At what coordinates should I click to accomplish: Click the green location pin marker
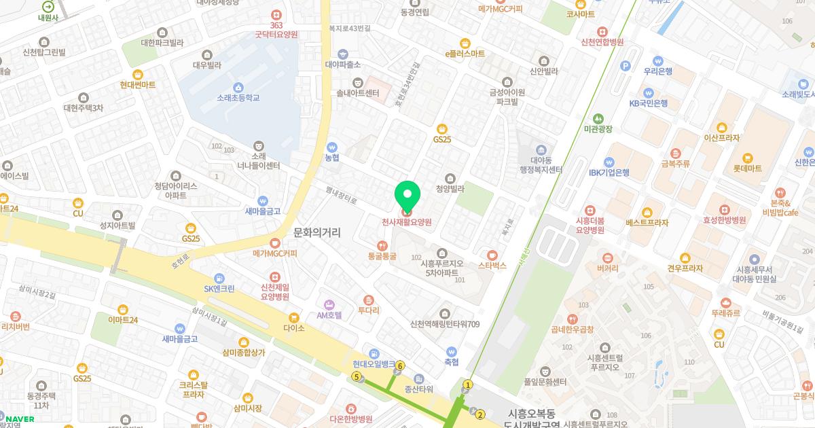(407, 196)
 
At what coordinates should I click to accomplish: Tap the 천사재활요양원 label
(407, 222)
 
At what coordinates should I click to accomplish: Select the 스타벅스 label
(492, 266)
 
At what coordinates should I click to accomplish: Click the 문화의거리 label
(316, 233)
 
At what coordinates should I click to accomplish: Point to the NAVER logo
(20, 419)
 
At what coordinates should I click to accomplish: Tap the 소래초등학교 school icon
(238, 87)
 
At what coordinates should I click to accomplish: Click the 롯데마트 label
(748, 168)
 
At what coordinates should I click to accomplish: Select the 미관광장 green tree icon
(598, 118)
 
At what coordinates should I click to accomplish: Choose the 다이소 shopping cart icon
(294, 317)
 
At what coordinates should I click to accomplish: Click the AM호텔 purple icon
(329, 304)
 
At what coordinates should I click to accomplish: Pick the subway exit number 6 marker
(401, 366)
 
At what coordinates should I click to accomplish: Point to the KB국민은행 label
(649, 103)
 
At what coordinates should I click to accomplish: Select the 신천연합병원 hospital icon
(602, 31)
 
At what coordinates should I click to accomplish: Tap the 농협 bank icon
(332, 147)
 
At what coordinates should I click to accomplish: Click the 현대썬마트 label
(138, 85)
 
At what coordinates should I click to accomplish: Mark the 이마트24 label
(123, 320)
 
